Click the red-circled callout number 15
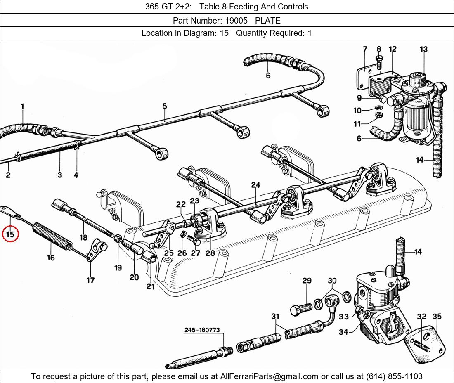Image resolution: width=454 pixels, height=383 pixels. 10,234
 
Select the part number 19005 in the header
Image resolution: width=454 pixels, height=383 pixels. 236,21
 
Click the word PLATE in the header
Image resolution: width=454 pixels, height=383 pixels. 268,21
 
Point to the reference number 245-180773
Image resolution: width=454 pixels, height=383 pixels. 202,330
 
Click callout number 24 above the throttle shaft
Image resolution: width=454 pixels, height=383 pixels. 255,185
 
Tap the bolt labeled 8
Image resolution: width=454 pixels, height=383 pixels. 379,63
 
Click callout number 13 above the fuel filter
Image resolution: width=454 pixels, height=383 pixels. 423,49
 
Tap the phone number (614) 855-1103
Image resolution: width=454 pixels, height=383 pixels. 394,376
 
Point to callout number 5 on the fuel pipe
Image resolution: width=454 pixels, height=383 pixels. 164,106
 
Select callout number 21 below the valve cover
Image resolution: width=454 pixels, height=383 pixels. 150,286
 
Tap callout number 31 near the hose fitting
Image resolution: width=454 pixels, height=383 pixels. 275,317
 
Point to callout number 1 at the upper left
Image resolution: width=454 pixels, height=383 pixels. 23,106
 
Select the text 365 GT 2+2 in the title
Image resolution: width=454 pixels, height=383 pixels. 168,7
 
